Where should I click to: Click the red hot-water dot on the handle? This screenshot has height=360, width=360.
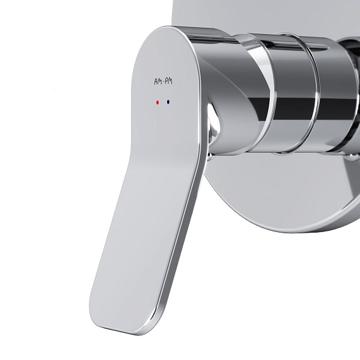pyautogui.click(x=157, y=101)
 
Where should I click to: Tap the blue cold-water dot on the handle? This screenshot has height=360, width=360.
pyautogui.click(x=168, y=101)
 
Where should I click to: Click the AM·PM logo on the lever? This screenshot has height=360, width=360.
pyautogui.click(x=163, y=81)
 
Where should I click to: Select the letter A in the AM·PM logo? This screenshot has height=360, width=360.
pyautogui.click(x=155, y=81)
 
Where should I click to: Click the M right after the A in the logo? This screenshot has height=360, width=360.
pyautogui.click(x=159, y=81)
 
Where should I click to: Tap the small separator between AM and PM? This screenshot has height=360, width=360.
pyautogui.click(x=163, y=81)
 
